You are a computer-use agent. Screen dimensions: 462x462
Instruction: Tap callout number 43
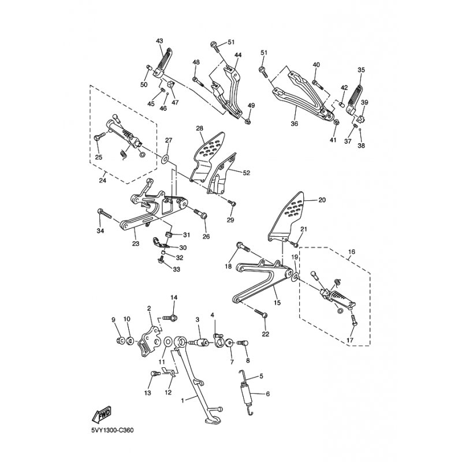tap(160, 40)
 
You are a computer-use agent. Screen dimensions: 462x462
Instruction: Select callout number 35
tap(362, 70)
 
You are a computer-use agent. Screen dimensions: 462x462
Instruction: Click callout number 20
tap(322, 200)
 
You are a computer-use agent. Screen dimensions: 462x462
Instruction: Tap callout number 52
tap(247, 173)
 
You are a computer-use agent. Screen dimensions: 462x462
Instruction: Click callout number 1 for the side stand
tap(184, 400)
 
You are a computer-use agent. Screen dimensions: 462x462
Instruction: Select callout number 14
tap(173, 297)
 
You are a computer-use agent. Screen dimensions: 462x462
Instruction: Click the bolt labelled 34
tap(105, 214)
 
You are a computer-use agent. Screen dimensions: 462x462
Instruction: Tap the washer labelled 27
tap(165, 158)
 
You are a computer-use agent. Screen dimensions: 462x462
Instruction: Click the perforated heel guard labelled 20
tap(294, 216)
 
